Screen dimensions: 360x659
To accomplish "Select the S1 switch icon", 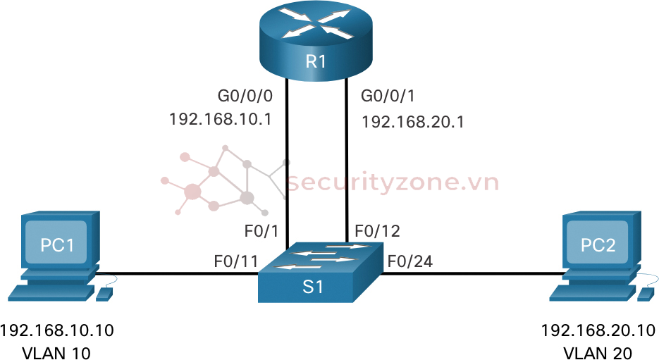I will point(319,275).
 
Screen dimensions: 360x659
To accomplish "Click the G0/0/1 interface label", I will point(387,95).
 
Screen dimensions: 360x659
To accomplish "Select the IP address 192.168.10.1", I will point(221,118).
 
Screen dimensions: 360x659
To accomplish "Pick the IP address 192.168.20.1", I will point(412,121).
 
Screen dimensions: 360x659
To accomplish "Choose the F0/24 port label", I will point(409,263).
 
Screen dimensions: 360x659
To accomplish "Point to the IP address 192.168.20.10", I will point(596,330).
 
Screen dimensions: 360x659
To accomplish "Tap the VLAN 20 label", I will point(596,352).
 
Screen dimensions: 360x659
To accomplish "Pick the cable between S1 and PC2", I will point(472,273).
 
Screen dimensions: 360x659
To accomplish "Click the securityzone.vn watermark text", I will point(393,183).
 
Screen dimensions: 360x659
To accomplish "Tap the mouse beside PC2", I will point(643,295).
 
